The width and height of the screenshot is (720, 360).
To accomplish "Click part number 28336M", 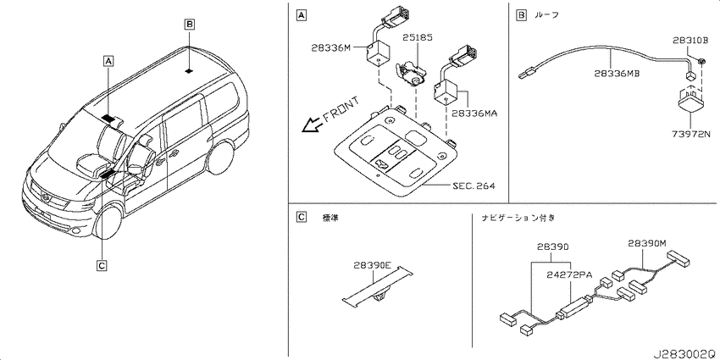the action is click(330, 47).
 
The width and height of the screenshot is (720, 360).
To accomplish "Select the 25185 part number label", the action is click(418, 37).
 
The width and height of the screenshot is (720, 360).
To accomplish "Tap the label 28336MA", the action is click(475, 112).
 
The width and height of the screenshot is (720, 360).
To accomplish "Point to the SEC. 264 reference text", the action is click(474, 186).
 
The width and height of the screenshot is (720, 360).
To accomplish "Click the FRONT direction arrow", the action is click(312, 125).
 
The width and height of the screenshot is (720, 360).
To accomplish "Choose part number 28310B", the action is click(691, 40).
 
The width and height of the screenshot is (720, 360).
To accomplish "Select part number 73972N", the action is click(690, 134).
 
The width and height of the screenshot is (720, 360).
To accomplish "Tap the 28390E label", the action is click(372, 265).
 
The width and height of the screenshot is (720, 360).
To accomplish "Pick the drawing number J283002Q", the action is click(684, 354).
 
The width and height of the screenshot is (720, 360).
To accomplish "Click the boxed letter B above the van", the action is click(190, 24).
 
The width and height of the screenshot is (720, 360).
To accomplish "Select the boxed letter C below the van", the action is click(102, 264).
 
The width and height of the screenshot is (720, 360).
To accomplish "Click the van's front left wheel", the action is click(108, 221).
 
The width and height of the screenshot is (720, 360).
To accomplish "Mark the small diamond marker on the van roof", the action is click(189, 70).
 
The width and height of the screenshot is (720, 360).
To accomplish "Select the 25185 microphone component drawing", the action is click(410, 74).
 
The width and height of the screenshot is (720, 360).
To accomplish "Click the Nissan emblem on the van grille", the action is click(46, 197).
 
